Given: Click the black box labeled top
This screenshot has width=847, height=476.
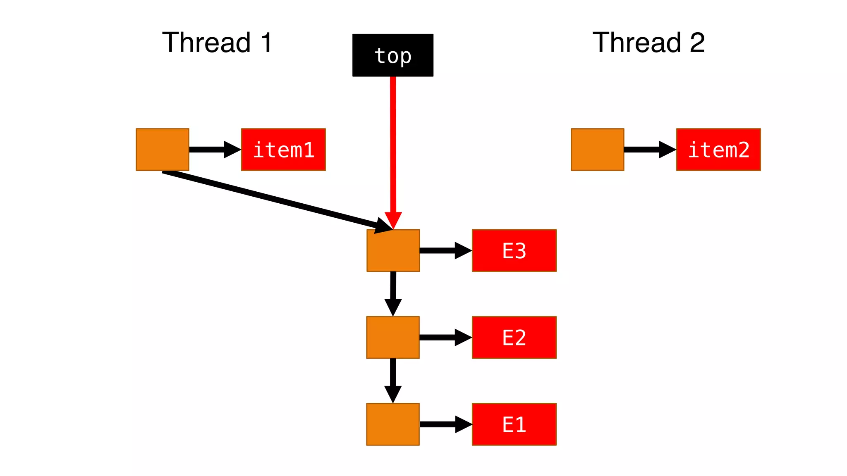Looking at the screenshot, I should click(x=392, y=55).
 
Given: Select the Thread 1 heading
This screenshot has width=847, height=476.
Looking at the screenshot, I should click(x=217, y=42).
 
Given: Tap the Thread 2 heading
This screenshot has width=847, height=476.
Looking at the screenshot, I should click(x=648, y=42).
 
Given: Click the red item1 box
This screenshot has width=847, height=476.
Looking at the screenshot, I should click(x=283, y=150).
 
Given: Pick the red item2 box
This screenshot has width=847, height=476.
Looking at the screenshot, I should click(x=718, y=150).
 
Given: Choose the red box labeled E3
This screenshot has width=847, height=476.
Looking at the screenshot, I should click(x=514, y=250).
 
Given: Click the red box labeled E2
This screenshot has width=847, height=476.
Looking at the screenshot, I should click(x=514, y=337).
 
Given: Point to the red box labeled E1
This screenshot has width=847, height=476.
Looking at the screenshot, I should click(x=514, y=424).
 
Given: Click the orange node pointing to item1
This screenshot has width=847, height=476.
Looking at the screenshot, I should click(x=163, y=150).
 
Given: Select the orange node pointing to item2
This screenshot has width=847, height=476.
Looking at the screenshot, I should click(x=597, y=150).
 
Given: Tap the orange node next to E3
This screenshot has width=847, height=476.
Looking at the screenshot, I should click(x=393, y=250).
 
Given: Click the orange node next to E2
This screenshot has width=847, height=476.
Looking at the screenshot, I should click(x=393, y=337).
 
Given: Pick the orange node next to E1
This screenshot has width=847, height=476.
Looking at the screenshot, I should click(x=393, y=424).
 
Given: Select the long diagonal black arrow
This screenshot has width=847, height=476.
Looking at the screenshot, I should click(x=273, y=200).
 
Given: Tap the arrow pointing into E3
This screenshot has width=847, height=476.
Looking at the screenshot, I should click(x=445, y=250).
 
